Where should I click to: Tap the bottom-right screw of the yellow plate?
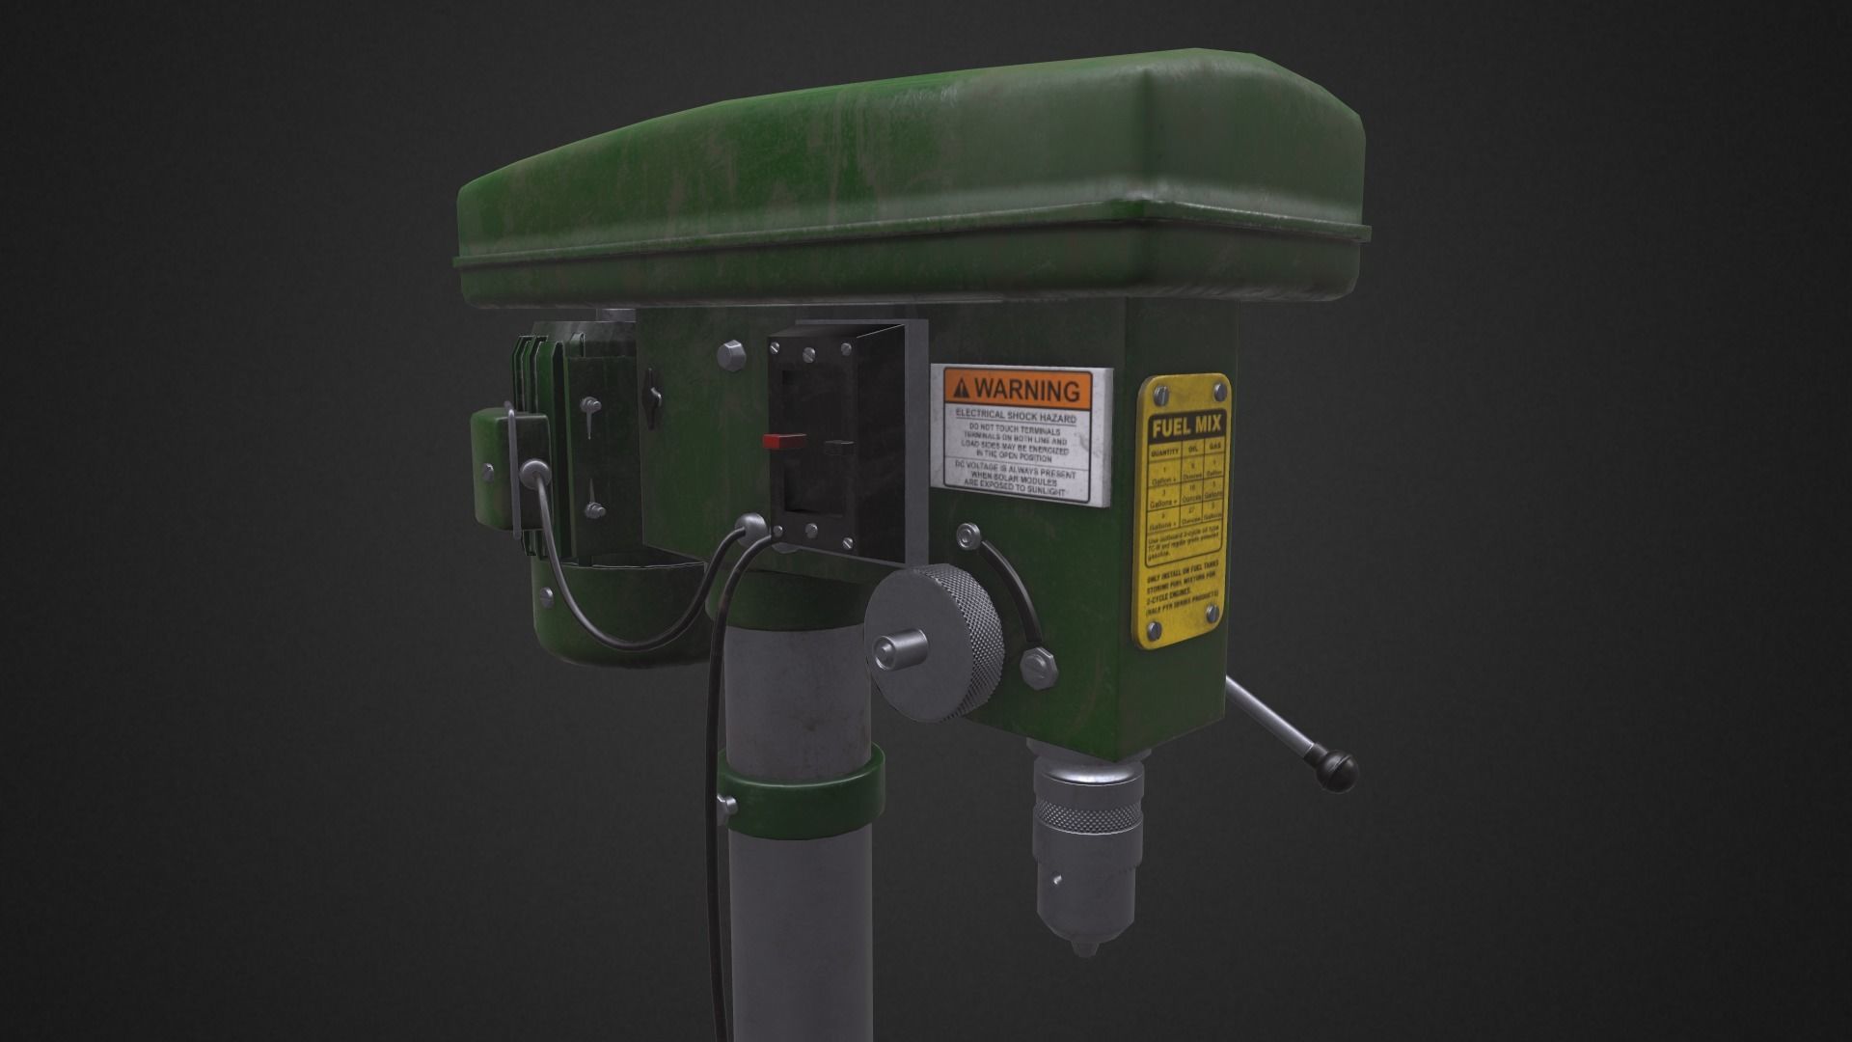1212,631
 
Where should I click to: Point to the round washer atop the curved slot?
967,535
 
